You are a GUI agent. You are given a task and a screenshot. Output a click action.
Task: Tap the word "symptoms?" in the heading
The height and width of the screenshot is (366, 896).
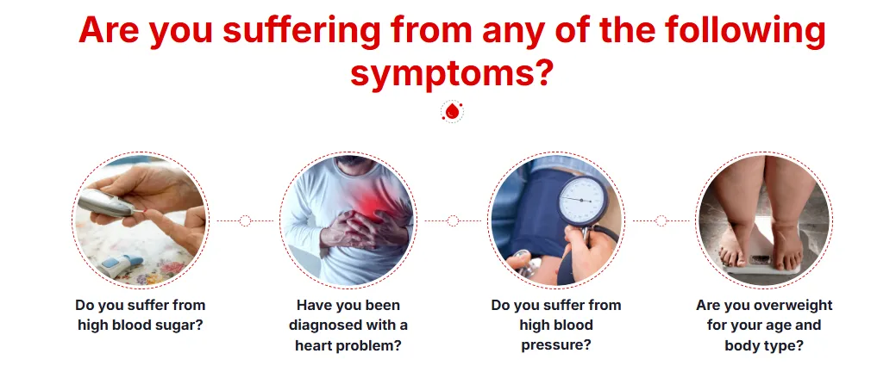click(451, 75)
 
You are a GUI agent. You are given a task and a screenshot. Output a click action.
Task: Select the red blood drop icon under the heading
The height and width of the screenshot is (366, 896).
click(453, 112)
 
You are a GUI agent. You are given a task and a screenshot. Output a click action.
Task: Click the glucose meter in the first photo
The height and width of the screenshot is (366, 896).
click(107, 203)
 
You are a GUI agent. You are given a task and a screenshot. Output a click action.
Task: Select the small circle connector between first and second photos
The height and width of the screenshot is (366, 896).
click(245, 221)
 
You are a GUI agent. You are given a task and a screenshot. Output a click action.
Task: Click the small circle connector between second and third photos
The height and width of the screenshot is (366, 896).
click(453, 221)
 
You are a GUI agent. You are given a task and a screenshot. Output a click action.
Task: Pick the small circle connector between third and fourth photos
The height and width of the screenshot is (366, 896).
click(661, 221)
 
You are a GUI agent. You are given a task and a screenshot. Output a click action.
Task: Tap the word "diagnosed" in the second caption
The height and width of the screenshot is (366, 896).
click(322, 326)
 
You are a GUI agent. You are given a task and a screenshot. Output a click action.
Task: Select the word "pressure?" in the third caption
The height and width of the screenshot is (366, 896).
click(555, 344)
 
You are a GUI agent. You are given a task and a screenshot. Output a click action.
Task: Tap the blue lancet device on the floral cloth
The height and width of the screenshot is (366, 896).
click(119, 265)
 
